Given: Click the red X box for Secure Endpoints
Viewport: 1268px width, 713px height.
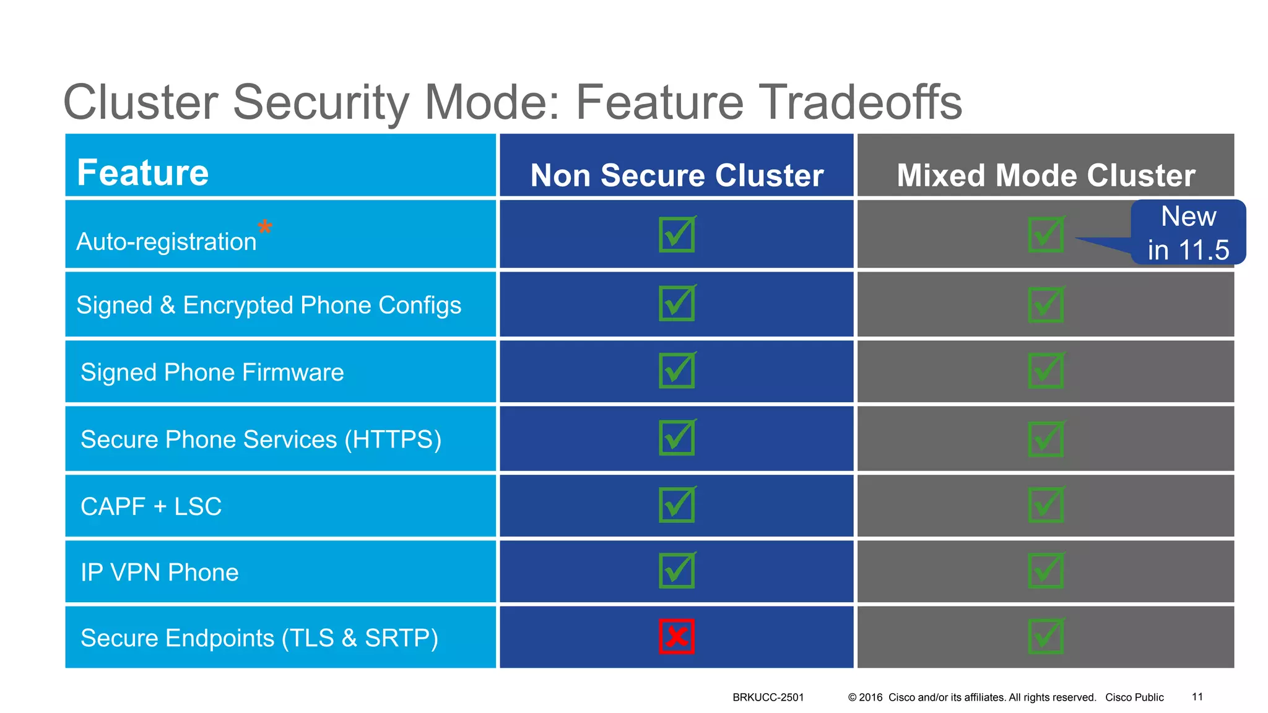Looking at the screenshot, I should (676, 636).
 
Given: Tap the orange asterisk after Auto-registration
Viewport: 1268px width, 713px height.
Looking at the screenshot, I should (265, 227).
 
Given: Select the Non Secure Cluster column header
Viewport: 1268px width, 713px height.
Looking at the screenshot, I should (677, 175).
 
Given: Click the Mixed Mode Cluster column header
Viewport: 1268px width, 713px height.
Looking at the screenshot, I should (1046, 175).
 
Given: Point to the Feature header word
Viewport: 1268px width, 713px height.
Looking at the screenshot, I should (143, 173).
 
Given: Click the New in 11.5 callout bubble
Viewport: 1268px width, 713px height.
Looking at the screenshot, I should (1188, 233).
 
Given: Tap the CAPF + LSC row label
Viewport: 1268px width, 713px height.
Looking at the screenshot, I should (151, 506).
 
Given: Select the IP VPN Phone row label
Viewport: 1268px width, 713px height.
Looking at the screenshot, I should (160, 573).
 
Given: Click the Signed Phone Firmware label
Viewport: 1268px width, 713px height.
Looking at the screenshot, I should (212, 373).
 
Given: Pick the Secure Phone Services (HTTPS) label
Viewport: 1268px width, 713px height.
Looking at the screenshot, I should (261, 439).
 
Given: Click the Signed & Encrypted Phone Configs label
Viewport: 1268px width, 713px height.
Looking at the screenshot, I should (269, 305).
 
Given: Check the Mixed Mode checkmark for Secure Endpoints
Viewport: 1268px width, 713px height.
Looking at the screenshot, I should (1046, 636).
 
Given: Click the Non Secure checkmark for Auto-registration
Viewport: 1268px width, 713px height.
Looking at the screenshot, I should (677, 235).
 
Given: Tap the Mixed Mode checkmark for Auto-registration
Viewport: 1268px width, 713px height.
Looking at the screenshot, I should (1046, 235).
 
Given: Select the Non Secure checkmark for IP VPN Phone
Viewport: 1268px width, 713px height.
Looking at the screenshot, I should (677, 570).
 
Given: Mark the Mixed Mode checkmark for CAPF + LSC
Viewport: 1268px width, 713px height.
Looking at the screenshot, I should (1046, 505).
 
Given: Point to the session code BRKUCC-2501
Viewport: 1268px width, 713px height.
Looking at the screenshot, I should (768, 698).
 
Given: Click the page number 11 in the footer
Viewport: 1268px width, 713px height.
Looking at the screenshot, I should (1197, 697).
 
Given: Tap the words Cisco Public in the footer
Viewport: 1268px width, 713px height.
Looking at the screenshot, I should (1134, 698).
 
